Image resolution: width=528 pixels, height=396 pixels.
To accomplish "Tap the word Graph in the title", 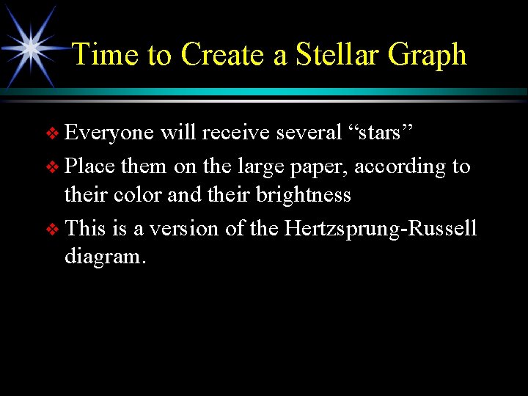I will click(x=427, y=55).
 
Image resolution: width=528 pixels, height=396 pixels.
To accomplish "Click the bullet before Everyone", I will click(x=51, y=133).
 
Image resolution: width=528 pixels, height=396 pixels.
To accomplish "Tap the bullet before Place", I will click(x=51, y=167).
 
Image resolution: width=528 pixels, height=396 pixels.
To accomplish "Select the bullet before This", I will click(x=51, y=230).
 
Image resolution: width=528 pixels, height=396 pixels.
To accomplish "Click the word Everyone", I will click(x=109, y=133).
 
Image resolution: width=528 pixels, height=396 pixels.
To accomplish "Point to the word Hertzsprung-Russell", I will click(x=381, y=229).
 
